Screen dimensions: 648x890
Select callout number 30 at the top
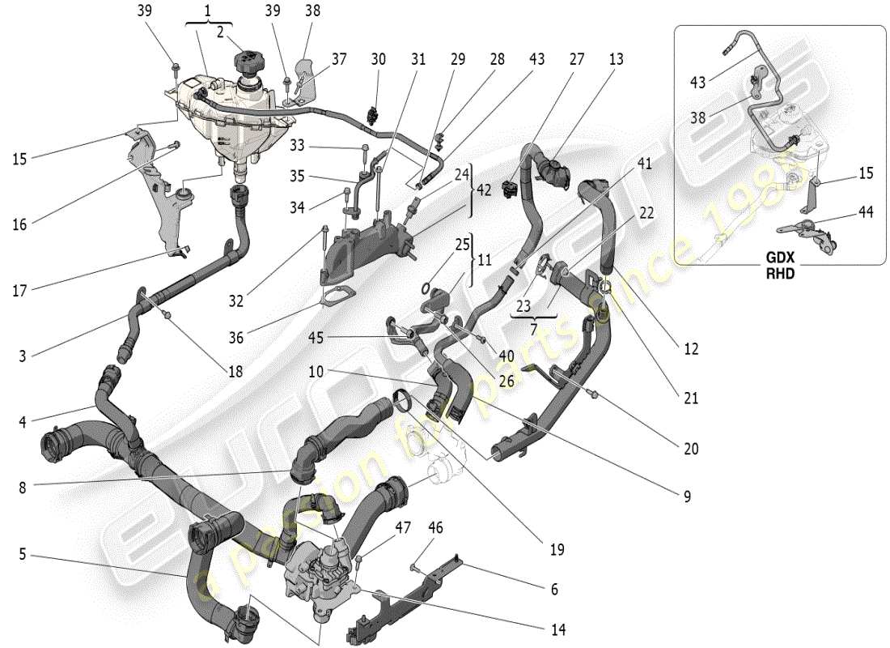coord(379,59)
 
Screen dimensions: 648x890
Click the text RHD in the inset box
coord(780,273)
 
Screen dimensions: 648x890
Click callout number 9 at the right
coord(687,497)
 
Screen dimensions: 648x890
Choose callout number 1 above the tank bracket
coord(207,12)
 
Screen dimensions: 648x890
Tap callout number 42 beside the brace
coord(484,190)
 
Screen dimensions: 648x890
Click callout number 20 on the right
coord(690,448)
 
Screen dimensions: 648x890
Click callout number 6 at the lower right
coord(553,590)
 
